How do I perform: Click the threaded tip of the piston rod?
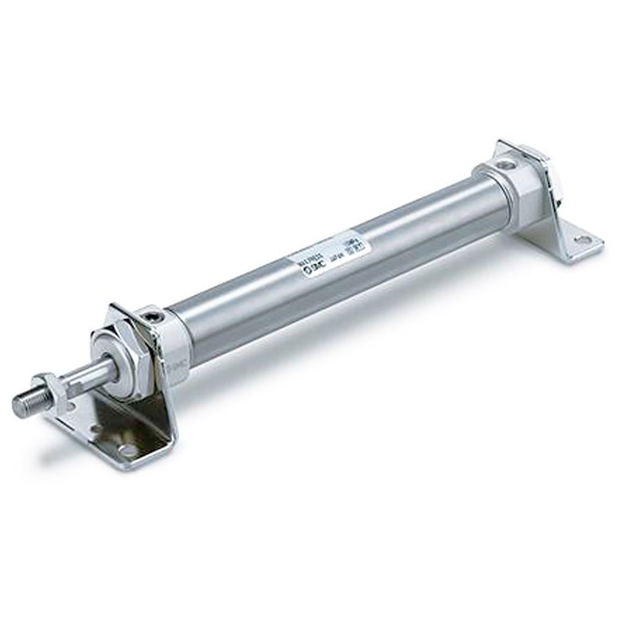pos(27,404)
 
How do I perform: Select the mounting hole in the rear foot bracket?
pos(582,240)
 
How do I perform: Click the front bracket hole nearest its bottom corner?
pos(128,450)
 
